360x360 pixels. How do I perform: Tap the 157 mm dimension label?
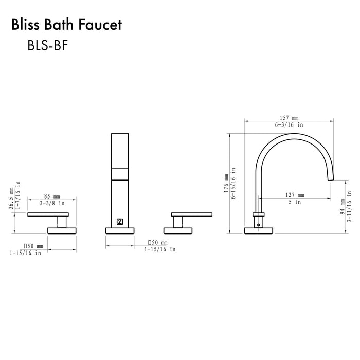point(287,117)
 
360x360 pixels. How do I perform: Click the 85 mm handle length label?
point(51,196)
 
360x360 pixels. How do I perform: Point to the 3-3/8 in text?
point(51,203)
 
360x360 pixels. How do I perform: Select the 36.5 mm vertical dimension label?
point(11,200)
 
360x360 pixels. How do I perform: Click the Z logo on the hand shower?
point(120,222)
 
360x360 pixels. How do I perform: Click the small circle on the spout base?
point(258,224)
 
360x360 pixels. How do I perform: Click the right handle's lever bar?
point(192,214)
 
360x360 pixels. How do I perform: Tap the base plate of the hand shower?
point(120,230)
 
